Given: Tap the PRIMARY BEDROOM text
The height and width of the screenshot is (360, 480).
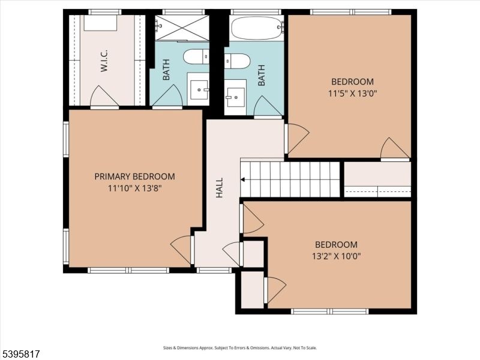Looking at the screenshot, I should click(x=134, y=176).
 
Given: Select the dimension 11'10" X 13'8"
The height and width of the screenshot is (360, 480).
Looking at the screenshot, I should click(x=134, y=188).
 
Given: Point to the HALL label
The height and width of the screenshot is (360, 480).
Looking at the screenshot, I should click(x=219, y=188).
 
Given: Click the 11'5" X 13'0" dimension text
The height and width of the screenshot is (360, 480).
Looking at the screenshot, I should click(x=353, y=93).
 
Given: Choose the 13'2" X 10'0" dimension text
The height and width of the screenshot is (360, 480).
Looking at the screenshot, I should click(x=337, y=256).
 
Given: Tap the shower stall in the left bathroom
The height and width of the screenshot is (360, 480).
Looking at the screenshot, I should click(x=182, y=28).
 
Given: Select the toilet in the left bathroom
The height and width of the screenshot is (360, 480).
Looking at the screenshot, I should click(x=196, y=57).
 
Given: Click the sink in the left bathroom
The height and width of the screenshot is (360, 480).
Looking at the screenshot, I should click(x=198, y=89).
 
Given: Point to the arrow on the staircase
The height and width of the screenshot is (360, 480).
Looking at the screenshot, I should click(x=243, y=179).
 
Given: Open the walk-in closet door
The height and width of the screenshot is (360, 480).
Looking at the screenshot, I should click(x=103, y=97).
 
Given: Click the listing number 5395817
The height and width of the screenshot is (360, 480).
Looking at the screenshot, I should click(x=22, y=355).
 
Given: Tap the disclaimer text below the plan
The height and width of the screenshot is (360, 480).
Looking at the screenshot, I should click(x=240, y=347).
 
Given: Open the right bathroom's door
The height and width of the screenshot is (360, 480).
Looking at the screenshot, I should click(x=268, y=107).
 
